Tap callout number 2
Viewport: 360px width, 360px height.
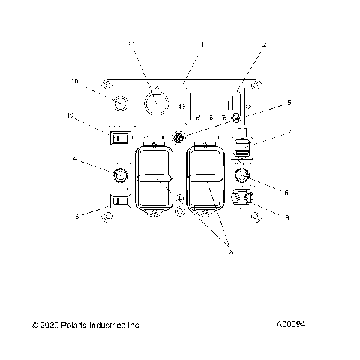(x=264, y=45)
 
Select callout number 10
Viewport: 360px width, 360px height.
(x=74, y=80)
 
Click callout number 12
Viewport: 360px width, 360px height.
(x=70, y=116)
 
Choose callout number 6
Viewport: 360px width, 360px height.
(x=286, y=192)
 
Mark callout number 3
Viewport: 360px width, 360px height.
(x=77, y=215)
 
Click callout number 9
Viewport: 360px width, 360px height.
(x=286, y=217)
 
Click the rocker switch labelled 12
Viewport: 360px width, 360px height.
(x=118, y=137)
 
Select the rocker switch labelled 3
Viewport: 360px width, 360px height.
(x=118, y=200)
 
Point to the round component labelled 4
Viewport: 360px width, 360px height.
(x=118, y=176)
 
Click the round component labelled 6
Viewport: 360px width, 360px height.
(x=241, y=176)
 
